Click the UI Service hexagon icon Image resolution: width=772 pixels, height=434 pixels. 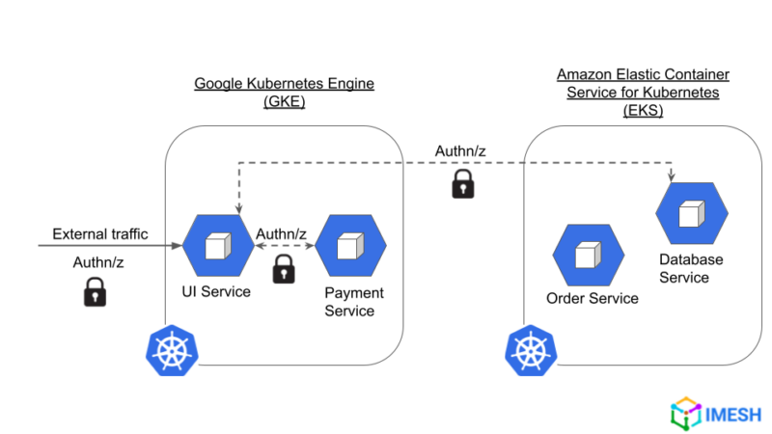218,246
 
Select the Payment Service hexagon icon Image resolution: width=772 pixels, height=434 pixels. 350,246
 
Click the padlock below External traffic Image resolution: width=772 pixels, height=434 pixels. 95,291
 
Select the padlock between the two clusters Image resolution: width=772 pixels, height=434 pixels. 463,183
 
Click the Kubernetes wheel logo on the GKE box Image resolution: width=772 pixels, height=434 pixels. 173,350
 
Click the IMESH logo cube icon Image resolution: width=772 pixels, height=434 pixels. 684,413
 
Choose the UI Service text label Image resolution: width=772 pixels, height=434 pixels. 218,292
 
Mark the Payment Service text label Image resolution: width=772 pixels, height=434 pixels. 354,302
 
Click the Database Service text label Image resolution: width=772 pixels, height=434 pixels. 691,269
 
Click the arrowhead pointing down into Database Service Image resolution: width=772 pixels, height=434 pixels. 672,176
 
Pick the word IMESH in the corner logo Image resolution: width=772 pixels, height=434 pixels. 731,414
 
